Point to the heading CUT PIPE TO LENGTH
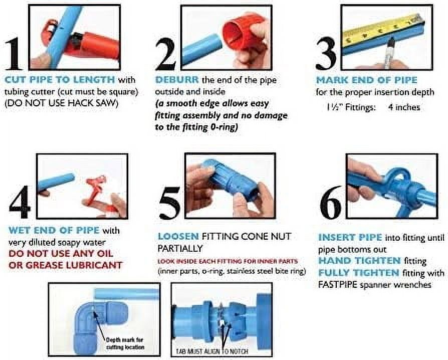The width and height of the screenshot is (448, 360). pos(60,80)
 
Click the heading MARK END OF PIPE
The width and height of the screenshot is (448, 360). pos(366,80)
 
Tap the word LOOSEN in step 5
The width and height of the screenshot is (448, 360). pos(178,236)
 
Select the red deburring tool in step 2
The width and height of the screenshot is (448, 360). pos(245,33)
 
